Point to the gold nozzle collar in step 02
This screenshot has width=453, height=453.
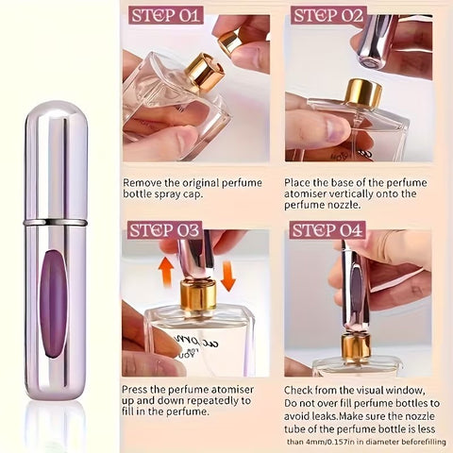tap(362, 92)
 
